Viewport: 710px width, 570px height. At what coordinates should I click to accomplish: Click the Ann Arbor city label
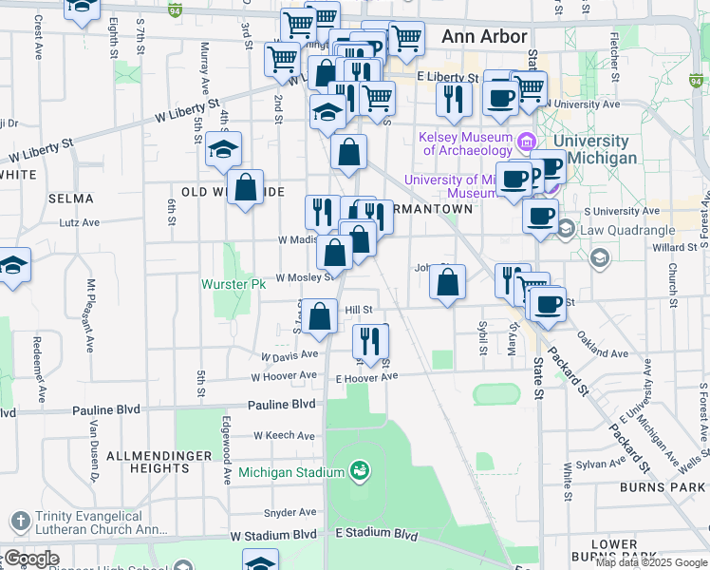[x=484, y=36]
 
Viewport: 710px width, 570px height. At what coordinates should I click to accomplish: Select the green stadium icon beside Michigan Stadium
[x=358, y=470]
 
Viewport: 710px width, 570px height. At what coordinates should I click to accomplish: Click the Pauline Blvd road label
[x=106, y=409]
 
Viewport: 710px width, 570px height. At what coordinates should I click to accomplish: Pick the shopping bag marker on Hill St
[x=321, y=315]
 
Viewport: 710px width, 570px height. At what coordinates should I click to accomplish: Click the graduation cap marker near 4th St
[x=223, y=149]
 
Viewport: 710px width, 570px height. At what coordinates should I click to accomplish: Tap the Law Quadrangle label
[x=626, y=230]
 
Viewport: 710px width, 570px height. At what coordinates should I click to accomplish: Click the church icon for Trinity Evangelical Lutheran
[x=20, y=521]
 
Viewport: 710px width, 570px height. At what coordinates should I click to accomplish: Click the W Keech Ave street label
[x=285, y=435]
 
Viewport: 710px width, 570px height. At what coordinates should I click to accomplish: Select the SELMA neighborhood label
[x=70, y=199]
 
